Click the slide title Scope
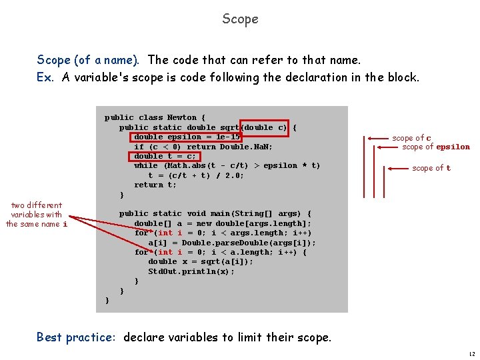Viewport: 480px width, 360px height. [x=240, y=19]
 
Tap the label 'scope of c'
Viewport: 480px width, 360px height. [x=411, y=138]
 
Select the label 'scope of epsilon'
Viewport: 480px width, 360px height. [x=435, y=147]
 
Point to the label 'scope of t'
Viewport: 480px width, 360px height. [x=431, y=168]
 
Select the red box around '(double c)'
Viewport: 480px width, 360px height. [x=265, y=127]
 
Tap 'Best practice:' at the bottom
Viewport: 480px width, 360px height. [x=76, y=337]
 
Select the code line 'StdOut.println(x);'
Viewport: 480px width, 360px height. [x=191, y=271]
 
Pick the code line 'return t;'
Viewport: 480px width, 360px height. [x=155, y=185]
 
